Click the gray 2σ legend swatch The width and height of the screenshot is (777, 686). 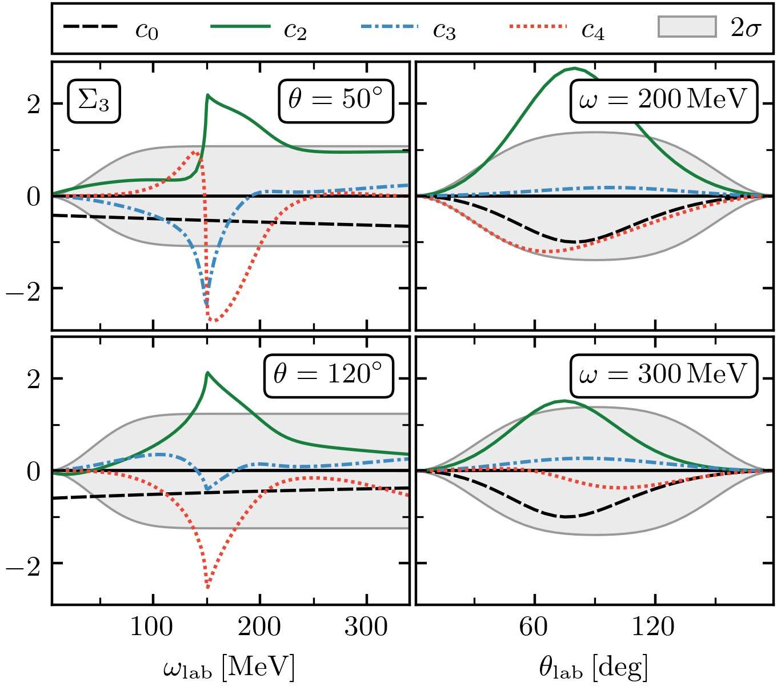click(687, 27)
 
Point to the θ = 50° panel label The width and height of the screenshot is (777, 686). click(336, 101)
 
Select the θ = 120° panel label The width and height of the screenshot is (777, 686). click(329, 376)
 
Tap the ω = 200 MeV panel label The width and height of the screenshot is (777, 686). click(664, 101)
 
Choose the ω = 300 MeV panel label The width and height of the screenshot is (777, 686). click(664, 376)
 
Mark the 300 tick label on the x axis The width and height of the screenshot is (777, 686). click(366, 628)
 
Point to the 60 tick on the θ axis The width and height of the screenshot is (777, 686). click(534, 628)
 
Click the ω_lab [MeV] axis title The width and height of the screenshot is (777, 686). click(229, 667)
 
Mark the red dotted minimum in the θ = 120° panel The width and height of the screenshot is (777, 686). click(207, 587)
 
